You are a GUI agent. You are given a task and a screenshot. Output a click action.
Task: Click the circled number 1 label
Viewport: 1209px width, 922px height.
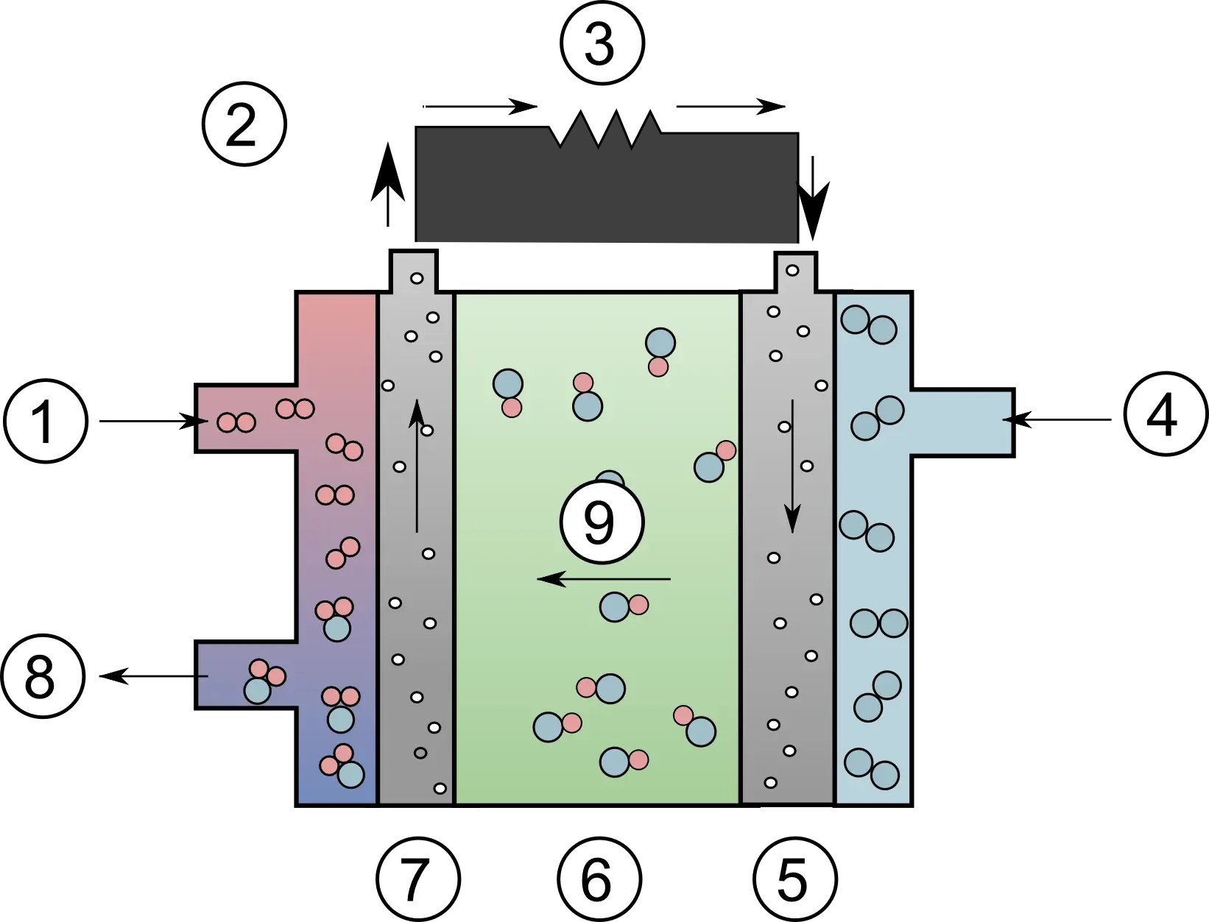46,421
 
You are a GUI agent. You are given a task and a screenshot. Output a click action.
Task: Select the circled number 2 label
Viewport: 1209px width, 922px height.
244,124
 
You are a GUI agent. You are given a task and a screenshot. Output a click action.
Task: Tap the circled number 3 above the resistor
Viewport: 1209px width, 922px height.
602,43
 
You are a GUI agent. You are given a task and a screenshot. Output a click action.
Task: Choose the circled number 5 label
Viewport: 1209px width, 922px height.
794,879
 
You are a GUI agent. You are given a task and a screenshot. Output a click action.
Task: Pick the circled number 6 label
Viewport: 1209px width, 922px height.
599,879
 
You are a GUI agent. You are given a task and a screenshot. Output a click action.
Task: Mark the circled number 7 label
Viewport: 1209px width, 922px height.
418,879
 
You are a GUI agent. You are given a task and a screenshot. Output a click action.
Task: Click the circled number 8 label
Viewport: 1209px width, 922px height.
43,676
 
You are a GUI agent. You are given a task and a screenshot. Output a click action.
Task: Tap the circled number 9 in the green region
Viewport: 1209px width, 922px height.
602,522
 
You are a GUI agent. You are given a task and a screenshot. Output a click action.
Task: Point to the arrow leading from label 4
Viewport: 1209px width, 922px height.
1057,419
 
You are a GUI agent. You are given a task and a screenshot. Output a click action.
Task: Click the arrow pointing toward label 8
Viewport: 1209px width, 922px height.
154,676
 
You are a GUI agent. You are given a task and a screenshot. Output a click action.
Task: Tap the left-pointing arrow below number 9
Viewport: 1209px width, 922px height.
604,579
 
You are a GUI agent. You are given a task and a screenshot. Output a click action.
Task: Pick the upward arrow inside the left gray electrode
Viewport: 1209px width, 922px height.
417,466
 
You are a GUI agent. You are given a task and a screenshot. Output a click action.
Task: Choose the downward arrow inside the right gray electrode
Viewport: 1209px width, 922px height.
792,466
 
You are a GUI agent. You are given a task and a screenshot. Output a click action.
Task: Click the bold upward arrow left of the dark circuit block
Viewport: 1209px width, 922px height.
388,185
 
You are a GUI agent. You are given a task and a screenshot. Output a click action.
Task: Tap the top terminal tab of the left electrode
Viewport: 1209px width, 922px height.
414,271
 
